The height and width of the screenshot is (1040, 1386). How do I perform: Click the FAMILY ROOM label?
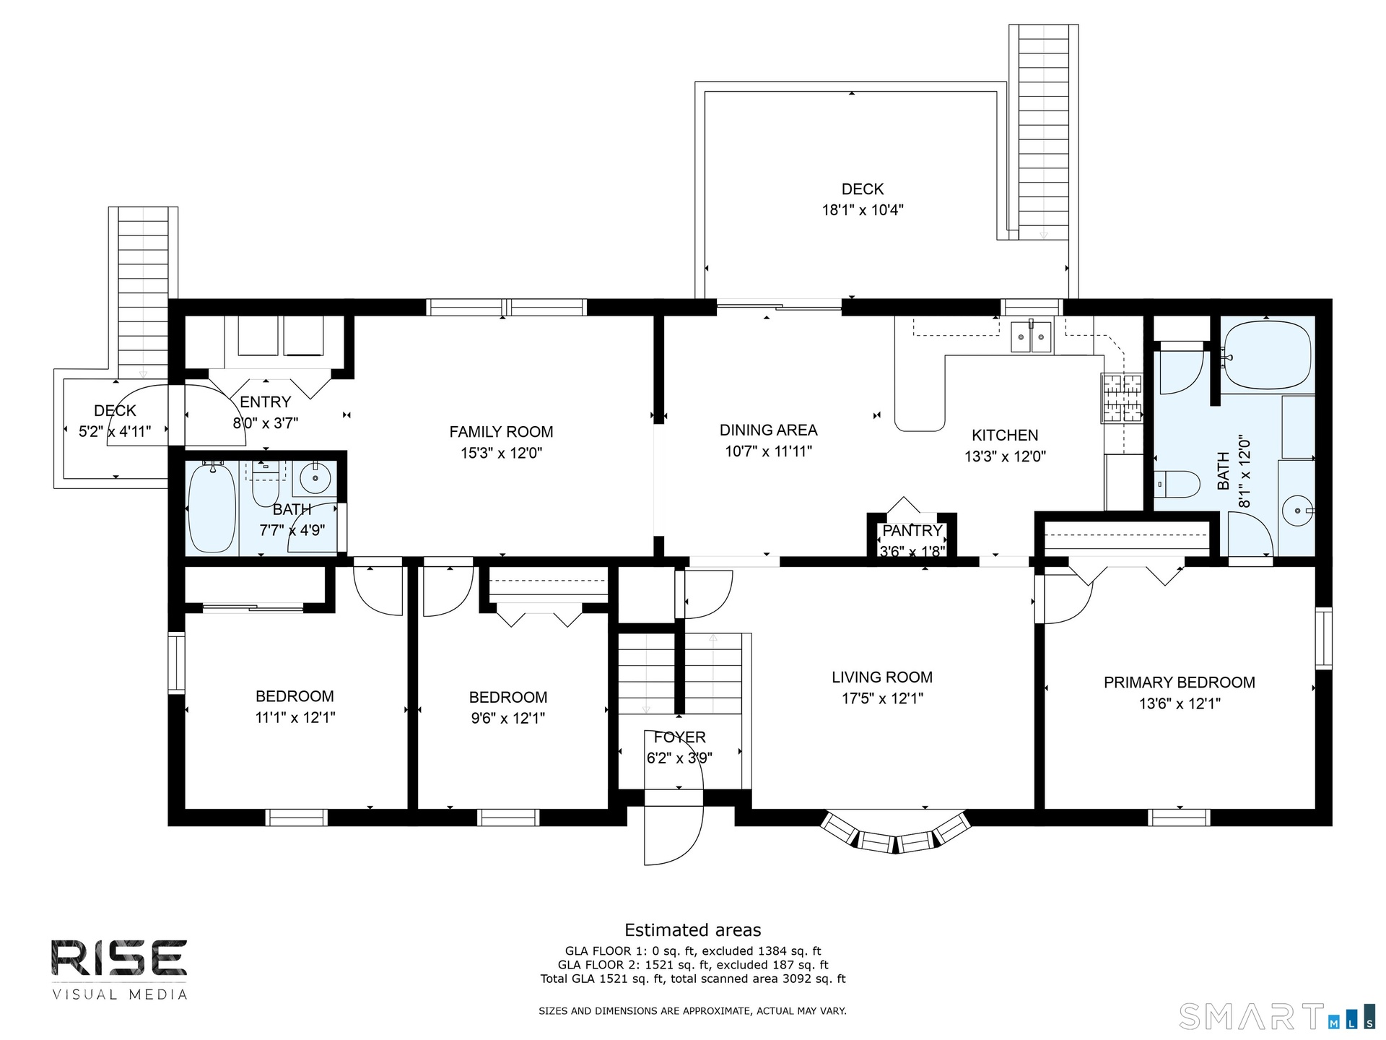pos(501,432)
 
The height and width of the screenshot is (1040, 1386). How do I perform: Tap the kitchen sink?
pos(1031,336)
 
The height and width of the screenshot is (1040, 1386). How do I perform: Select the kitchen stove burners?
pos(1122,397)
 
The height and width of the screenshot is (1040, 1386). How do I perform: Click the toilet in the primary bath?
pos(1176,484)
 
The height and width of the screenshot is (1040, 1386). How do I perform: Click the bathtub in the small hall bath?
pos(212,508)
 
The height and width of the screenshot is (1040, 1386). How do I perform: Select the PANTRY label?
pos(912,531)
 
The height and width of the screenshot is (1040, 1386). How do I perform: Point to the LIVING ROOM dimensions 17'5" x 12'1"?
pos(882,698)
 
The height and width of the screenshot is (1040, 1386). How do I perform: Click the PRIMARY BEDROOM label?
pos(1180,682)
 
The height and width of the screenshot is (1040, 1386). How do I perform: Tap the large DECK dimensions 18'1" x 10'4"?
pos(863,210)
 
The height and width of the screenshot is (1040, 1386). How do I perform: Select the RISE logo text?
pos(119,958)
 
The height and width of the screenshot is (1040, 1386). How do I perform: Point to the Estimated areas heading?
pos(693,930)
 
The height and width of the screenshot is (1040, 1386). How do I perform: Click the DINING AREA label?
pos(769,430)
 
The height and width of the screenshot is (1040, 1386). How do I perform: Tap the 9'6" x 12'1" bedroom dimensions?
pos(508,719)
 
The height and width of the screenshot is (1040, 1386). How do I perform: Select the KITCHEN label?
pos(1005,435)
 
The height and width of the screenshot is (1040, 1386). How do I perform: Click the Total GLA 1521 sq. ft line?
pos(693,979)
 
